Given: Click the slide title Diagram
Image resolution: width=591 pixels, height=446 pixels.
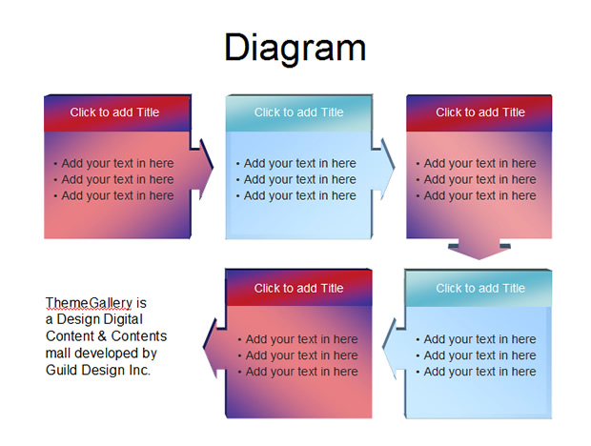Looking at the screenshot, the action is pos(295,48).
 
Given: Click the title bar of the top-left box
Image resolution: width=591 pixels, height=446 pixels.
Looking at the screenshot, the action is pos(117,113).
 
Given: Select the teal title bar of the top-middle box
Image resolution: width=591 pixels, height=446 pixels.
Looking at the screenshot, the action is pos(299,113).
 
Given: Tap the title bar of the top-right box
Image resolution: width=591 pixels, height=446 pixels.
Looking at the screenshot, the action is pos(479,113).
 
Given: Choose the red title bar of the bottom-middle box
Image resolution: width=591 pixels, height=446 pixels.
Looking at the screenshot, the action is pos(299,288).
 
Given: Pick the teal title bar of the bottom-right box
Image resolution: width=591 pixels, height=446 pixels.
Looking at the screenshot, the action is pos(479,288).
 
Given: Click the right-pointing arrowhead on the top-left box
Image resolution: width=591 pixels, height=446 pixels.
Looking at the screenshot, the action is pos(204,169).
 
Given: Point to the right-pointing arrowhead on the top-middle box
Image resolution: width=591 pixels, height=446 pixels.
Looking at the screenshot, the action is pos(384,169).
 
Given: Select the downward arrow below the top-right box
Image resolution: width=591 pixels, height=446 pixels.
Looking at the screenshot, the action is pos(479,249).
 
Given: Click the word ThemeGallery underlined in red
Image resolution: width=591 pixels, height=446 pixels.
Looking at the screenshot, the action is pos(89,303).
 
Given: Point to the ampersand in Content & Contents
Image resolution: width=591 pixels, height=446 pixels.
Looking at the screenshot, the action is pos(101,336).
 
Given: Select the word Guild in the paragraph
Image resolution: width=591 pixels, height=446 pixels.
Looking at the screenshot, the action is pos(62,370).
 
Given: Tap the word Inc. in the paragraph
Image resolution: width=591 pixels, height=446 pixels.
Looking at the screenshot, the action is pos(139,370).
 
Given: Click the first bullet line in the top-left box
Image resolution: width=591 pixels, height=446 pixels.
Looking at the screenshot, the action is pos(113,164).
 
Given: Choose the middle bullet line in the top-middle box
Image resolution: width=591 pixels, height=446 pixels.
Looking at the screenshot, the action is pos(296,180).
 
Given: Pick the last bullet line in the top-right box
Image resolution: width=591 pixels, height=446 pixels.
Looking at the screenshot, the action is pos(476,196).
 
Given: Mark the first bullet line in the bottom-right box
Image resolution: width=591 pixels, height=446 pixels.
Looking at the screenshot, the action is pos(476,339).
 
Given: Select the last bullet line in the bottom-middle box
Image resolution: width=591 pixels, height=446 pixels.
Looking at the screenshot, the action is pos(298,372).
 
